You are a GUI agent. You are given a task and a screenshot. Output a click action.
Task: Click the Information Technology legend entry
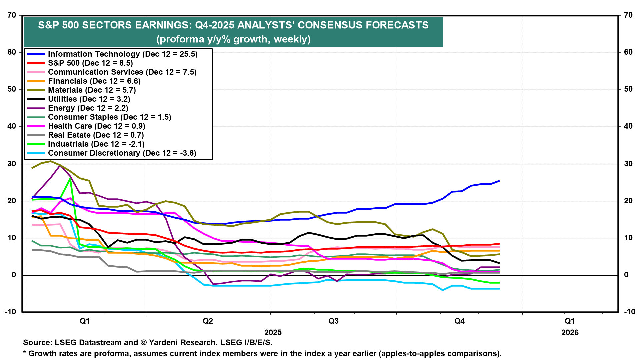[x=123, y=54]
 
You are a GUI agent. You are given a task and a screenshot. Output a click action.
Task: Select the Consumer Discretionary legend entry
[x=122, y=153]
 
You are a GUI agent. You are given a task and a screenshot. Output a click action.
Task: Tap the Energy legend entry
[x=88, y=108]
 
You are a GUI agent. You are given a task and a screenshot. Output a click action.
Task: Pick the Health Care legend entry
[x=97, y=126]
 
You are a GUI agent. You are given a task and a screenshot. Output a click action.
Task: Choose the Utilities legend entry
[x=89, y=99]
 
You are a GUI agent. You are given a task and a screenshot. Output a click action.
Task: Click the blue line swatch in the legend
[x=36, y=54]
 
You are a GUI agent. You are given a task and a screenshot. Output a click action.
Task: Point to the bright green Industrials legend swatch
[x=36, y=144]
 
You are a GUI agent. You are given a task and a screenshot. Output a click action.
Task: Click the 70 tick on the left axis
[x=12, y=15]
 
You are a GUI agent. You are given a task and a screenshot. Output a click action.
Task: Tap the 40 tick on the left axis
[x=12, y=126]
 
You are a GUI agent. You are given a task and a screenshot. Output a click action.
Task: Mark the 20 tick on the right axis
[x=628, y=201]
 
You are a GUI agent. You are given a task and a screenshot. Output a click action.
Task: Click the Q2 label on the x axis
[x=208, y=321]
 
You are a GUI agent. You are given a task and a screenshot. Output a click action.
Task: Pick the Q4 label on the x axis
[x=459, y=321]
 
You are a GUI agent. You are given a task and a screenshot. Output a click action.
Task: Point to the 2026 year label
[x=570, y=332]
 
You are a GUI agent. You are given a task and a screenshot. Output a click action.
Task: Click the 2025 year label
[x=273, y=332]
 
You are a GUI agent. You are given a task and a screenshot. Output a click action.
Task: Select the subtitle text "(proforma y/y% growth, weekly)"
[x=233, y=39]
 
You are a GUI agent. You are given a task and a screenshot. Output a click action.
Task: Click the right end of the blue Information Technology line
[x=499, y=181]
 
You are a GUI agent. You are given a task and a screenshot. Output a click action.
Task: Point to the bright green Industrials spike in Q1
[x=70, y=179]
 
